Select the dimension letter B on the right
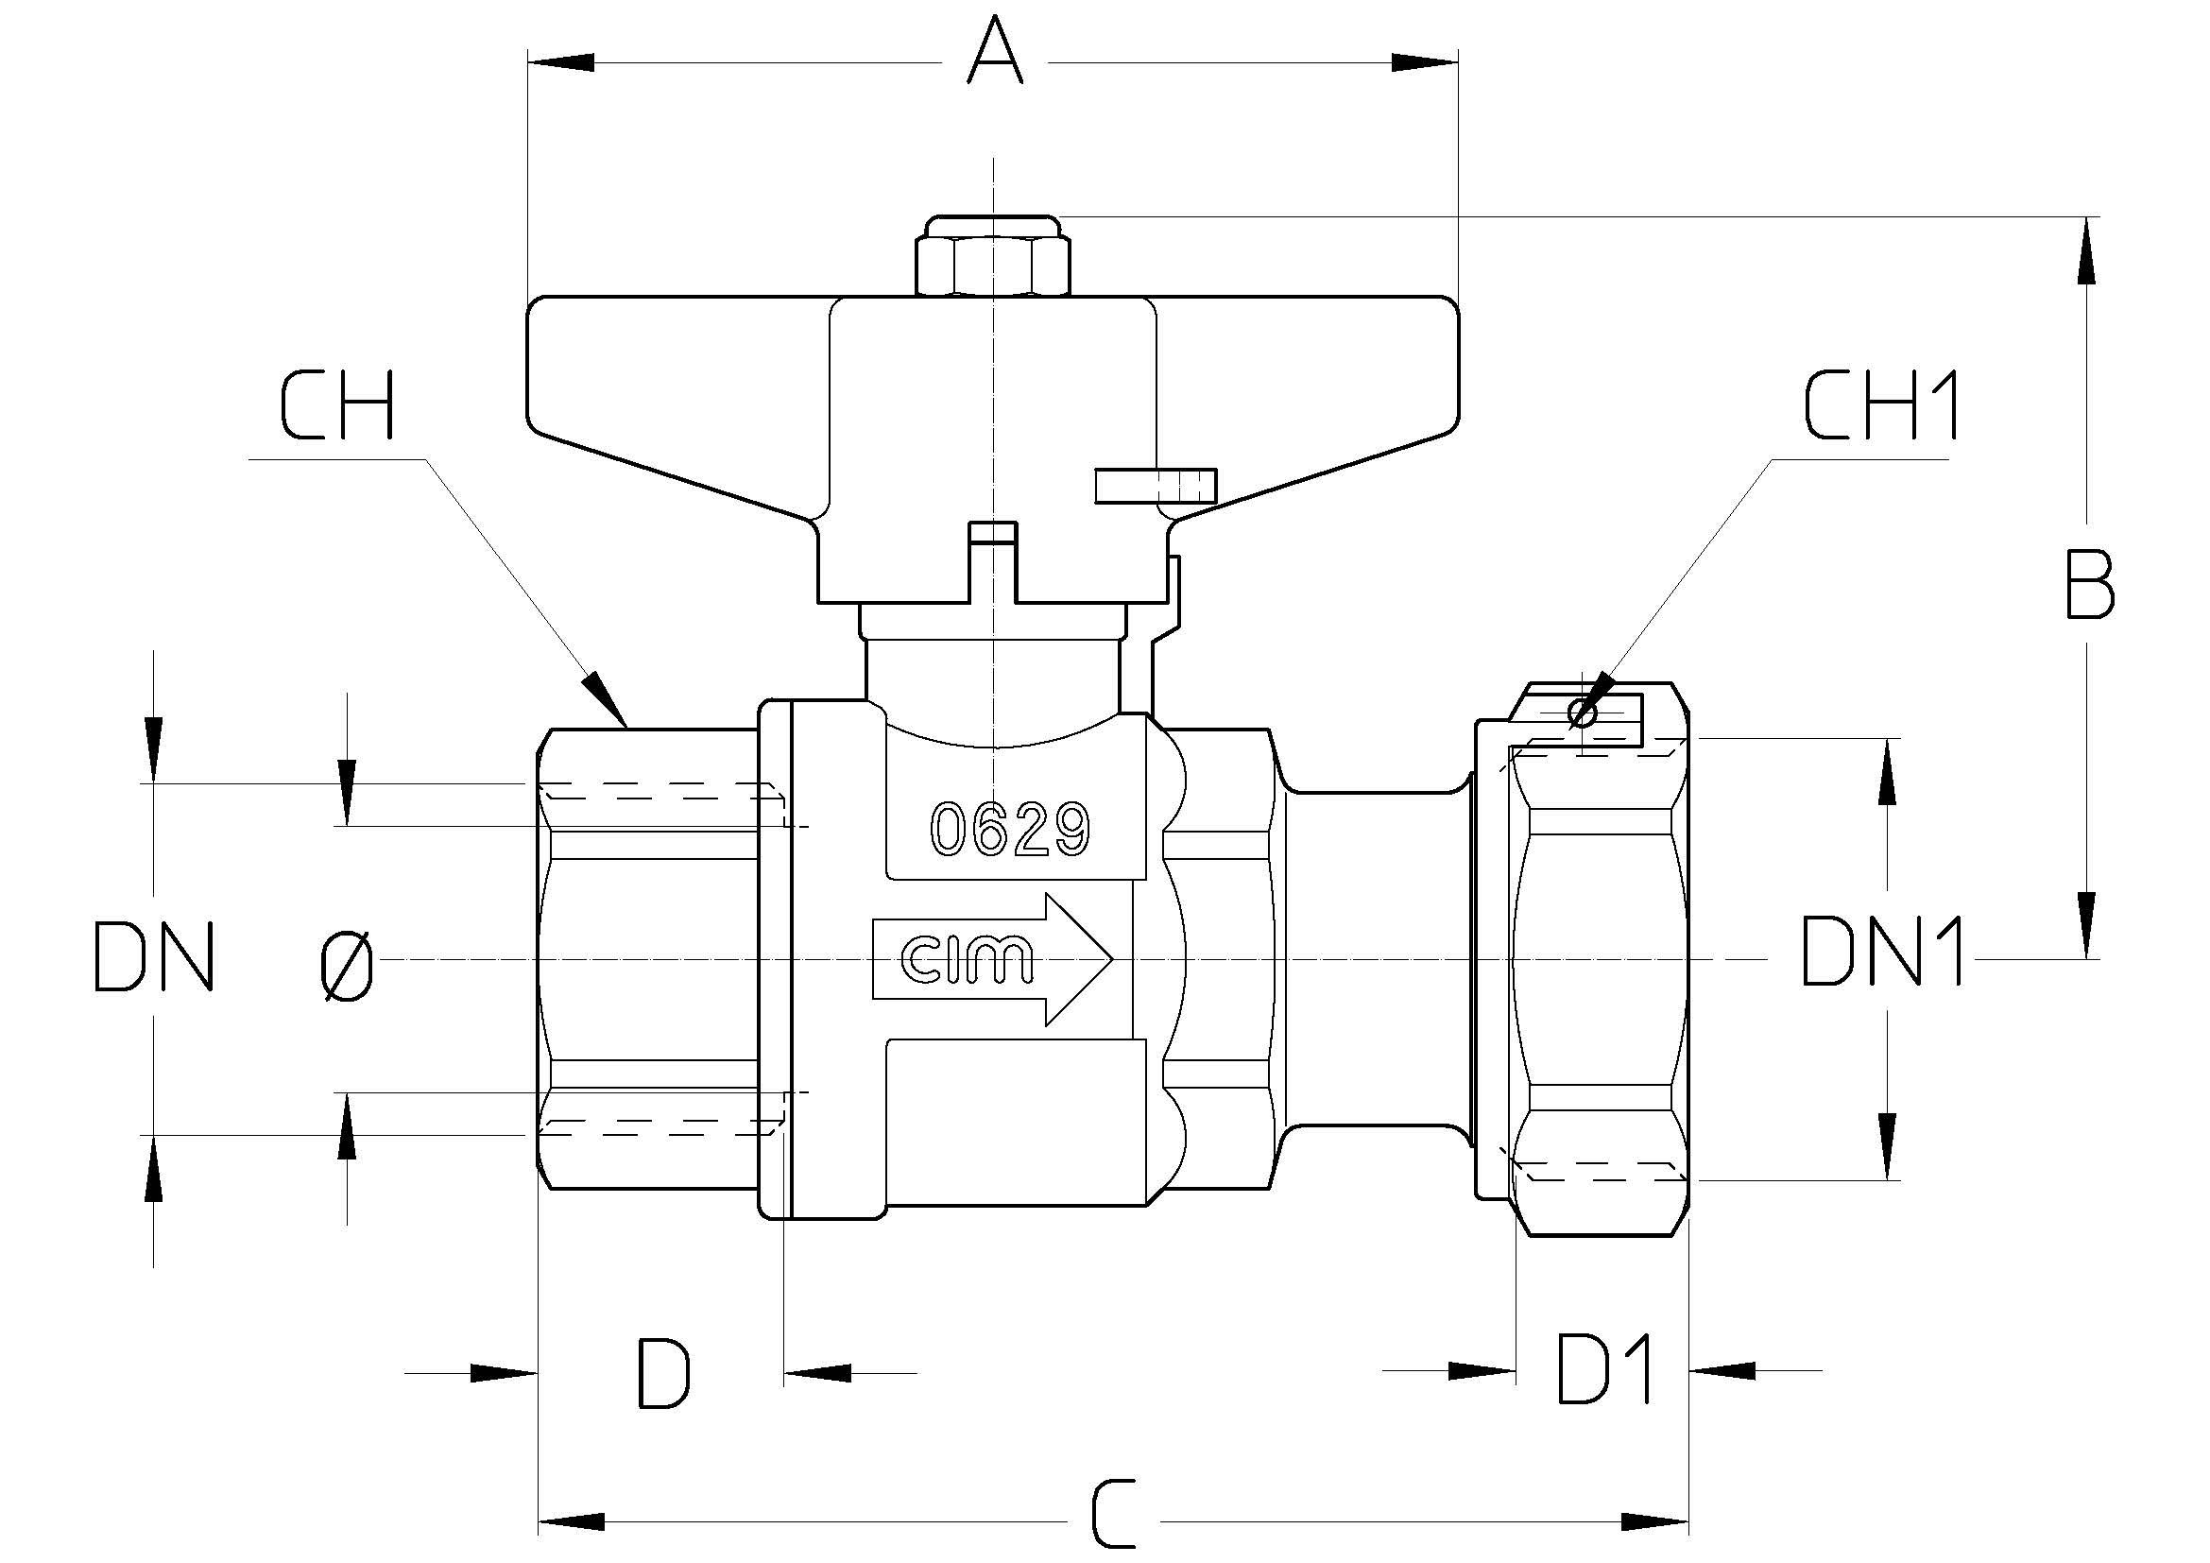(x=2090, y=583)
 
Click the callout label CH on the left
(x=337, y=406)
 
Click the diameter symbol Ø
(x=348, y=968)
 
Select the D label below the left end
(x=664, y=1372)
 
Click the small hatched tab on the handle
(x=1156, y=486)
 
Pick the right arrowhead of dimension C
(x=1654, y=1521)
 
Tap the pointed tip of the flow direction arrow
(x=1113, y=957)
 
